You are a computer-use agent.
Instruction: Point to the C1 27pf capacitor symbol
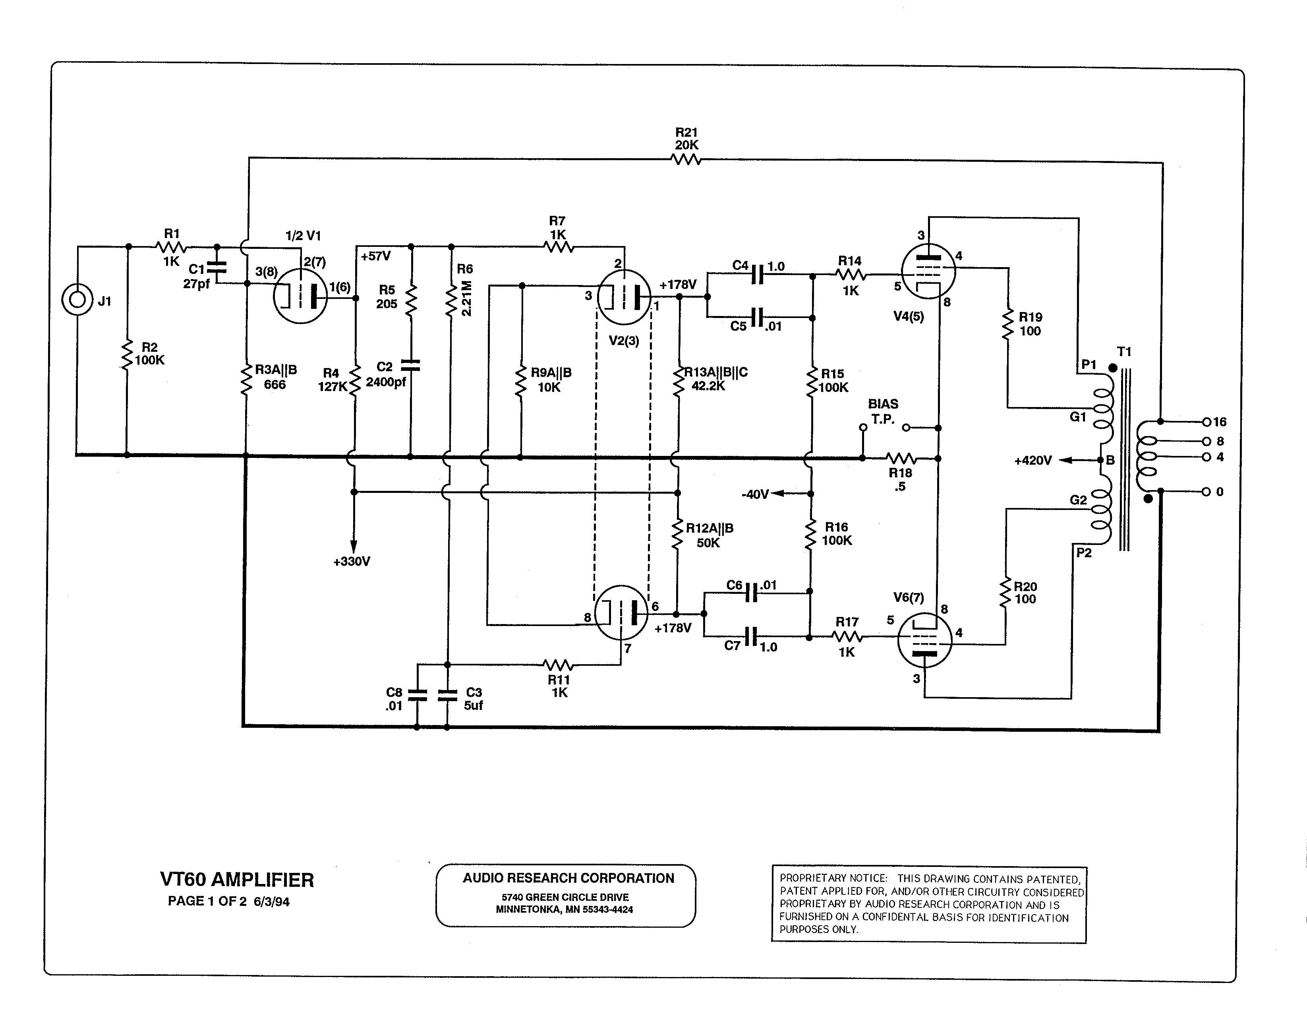[x=217, y=270]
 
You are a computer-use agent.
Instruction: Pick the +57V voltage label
[x=376, y=256]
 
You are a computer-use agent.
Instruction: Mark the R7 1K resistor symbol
[x=558, y=247]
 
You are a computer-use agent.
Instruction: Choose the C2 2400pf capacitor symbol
[x=410, y=365]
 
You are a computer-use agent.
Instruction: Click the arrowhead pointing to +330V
[x=354, y=547]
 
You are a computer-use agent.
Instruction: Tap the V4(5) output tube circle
[x=928, y=271]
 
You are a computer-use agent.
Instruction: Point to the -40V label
[x=755, y=494]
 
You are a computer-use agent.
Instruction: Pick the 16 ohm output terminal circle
[x=1206, y=422]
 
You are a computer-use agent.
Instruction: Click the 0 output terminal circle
[x=1206, y=492]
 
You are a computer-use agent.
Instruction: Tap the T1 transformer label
[x=1125, y=352]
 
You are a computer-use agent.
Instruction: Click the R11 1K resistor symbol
[x=558, y=665]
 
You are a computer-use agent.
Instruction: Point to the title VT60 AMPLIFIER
[x=237, y=880]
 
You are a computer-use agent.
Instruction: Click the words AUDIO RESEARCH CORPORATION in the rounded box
[x=568, y=878]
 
